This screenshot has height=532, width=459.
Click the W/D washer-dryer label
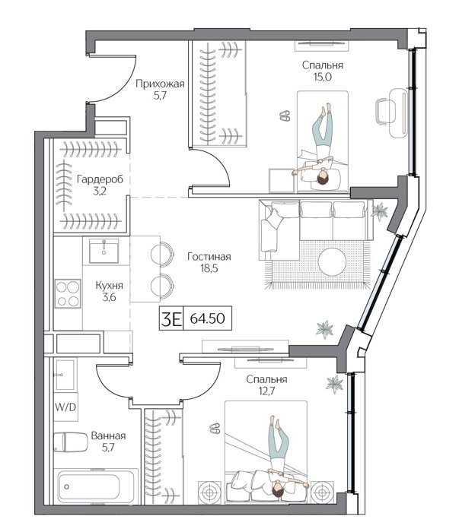65,407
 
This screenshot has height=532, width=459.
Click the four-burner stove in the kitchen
68,293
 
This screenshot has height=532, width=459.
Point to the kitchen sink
104,251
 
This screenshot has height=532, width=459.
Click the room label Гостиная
209,257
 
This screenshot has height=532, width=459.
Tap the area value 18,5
209,269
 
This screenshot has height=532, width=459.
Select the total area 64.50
207,318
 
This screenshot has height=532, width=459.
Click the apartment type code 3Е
171,318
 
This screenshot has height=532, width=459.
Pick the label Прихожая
160,84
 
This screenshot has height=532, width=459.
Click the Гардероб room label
100,179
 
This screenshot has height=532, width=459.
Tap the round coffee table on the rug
332,261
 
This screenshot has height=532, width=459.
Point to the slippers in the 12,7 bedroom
215,428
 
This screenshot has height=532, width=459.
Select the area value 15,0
323,77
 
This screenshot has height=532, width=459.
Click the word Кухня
109,286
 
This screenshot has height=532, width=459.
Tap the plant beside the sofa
378,211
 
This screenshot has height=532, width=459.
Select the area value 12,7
266,391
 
